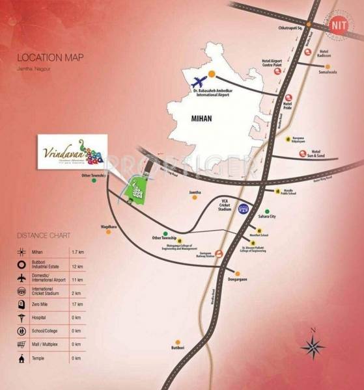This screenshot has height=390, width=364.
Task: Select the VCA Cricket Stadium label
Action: tap(225, 205)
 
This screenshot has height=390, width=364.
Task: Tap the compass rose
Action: tap(313, 346)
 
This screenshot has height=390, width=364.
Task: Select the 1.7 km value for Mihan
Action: tap(77, 251)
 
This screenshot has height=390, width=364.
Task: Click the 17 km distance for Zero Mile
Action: tap(77, 304)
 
